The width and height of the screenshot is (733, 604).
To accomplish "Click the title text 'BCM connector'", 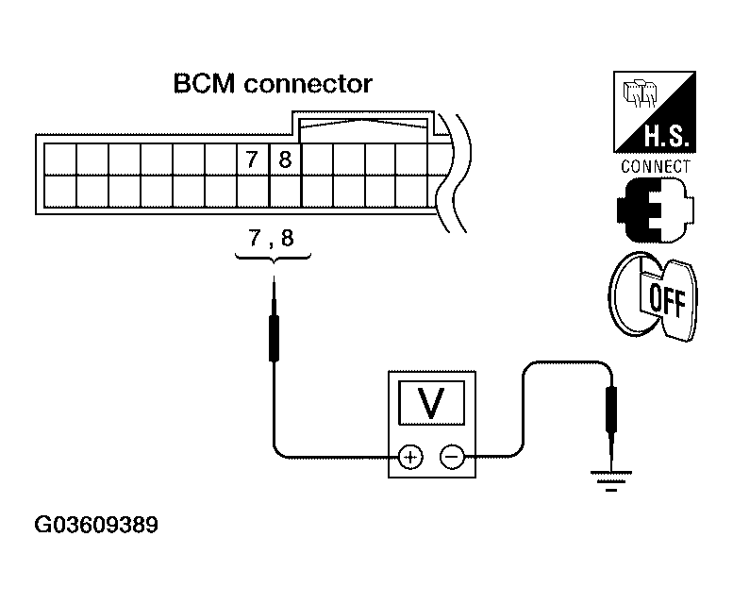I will point(273,83).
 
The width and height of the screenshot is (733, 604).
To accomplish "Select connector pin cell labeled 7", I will point(252,159).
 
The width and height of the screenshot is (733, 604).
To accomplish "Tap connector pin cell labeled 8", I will point(285,159).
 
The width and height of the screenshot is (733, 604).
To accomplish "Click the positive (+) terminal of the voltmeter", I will point(409,457).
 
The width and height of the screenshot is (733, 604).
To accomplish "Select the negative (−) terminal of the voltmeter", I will point(452,457).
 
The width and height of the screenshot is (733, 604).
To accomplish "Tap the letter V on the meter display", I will point(431,403).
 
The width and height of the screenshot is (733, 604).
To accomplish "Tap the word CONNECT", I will point(656,167).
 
